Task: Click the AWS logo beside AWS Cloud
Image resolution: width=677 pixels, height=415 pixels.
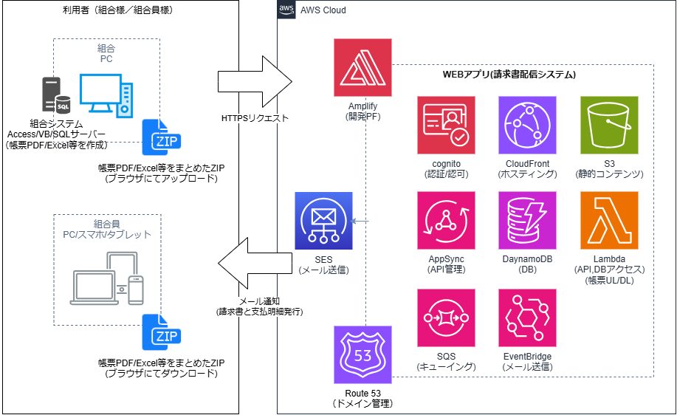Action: click(286, 10)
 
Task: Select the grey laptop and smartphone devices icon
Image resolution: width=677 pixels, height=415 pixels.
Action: click(107, 278)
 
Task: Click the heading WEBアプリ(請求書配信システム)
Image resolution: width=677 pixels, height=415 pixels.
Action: click(509, 75)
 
